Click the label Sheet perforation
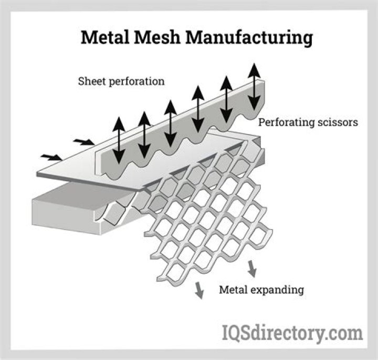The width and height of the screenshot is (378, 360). click(121, 81)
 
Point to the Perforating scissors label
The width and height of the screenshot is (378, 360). click(308, 122)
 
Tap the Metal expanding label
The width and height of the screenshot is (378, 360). click(260, 289)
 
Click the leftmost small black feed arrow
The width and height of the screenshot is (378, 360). click(51, 156)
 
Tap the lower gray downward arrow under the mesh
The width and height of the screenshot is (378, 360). click(199, 290)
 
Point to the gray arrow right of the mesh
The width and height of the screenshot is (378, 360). click(252, 268)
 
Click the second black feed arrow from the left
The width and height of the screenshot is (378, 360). click(83, 141)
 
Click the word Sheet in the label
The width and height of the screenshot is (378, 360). click(90, 81)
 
